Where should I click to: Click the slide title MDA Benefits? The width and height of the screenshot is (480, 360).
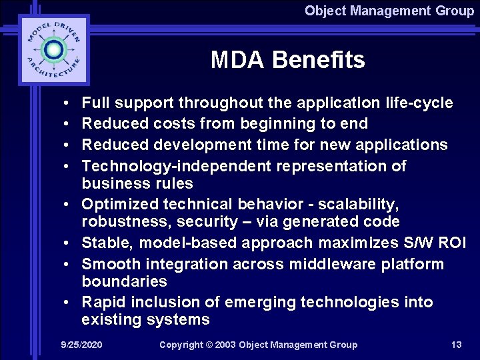pos(287,60)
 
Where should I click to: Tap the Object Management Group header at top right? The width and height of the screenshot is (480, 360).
pos(389,11)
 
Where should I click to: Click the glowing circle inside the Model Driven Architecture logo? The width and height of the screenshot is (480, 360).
pos(53,50)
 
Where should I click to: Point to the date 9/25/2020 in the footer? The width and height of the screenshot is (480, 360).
pos(81,345)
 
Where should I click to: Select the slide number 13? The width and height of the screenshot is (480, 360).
pos(456,345)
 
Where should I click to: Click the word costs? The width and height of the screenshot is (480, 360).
pos(174,123)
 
